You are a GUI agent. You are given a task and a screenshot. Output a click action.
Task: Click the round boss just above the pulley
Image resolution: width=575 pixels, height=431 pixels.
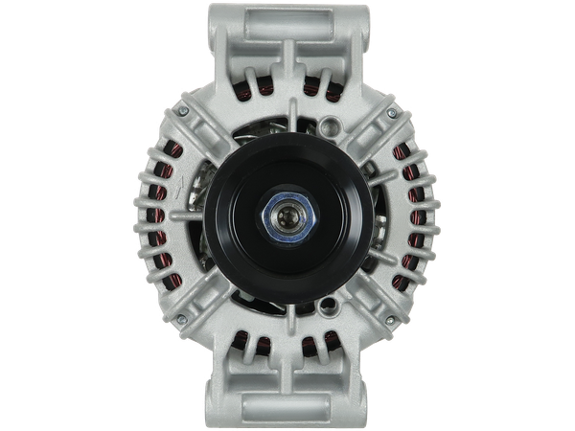[x=331, y=124]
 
